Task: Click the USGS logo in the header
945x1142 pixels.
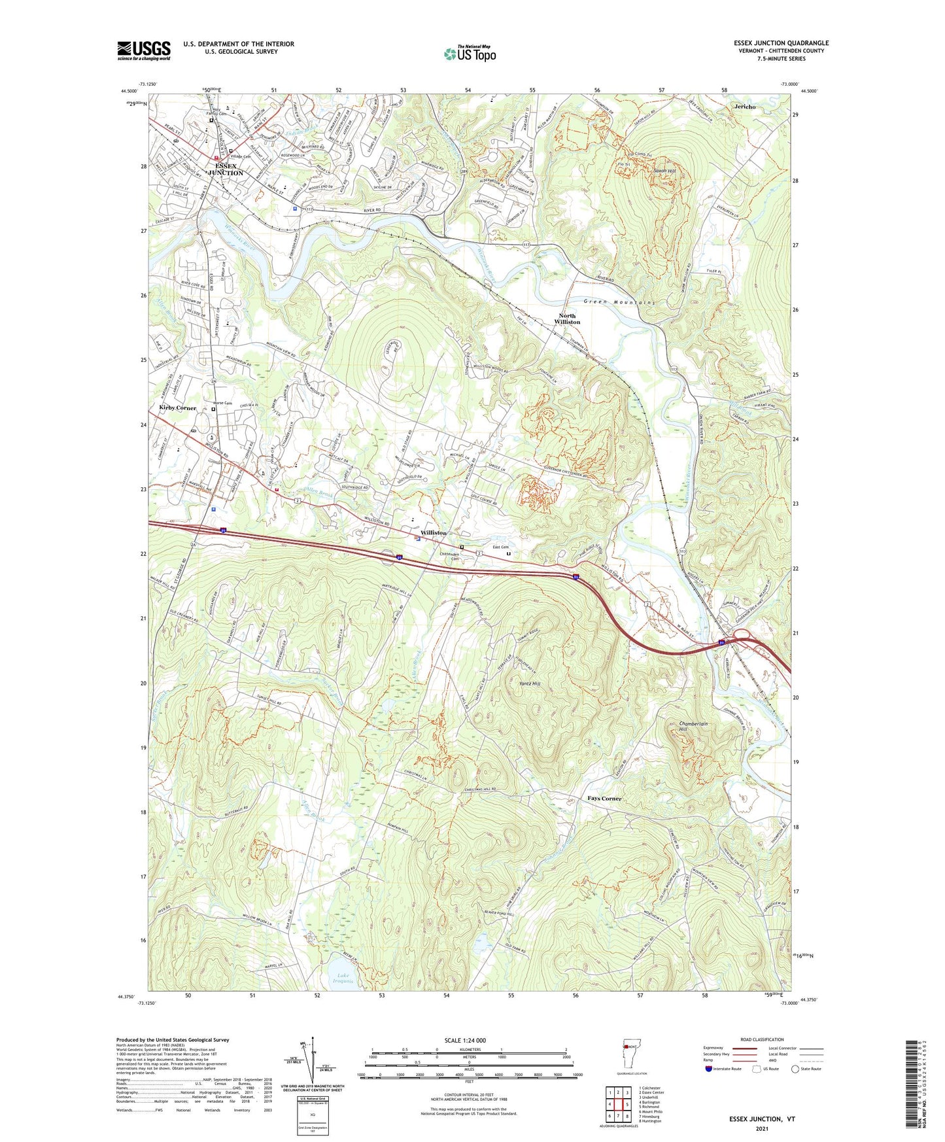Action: pos(143,50)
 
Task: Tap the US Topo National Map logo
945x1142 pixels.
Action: pos(470,54)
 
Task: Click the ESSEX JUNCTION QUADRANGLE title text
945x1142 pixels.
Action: pos(781,43)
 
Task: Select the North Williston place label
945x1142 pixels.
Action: pos(567,319)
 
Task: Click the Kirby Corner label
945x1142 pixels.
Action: pos(177,407)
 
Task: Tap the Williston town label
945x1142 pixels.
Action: pos(434,532)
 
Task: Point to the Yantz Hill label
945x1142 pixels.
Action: pos(529,683)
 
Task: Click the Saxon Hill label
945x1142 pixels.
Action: pos(665,171)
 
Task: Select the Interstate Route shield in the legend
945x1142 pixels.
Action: pos(708,1069)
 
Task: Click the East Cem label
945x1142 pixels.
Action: pos(500,547)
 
